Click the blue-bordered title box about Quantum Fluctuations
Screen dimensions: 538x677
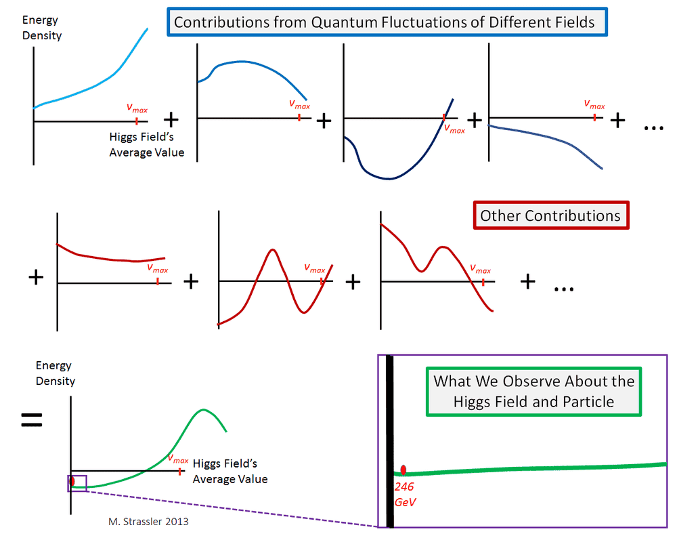pyautogui.click(x=384, y=22)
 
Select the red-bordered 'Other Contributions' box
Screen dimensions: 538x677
pyautogui.click(x=550, y=215)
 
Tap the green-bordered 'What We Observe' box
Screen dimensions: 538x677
pyautogui.click(x=534, y=391)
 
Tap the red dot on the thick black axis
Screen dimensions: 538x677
pyautogui.click(x=403, y=470)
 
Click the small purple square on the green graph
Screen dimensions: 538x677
pyautogui.click(x=77, y=483)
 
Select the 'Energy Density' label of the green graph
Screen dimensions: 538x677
pyautogui.click(x=56, y=373)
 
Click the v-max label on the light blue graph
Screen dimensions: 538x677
pyautogui.click(x=137, y=108)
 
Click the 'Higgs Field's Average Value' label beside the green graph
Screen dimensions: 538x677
pyautogui.click(x=230, y=472)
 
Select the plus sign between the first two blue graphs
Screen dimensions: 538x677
pyautogui.click(x=171, y=119)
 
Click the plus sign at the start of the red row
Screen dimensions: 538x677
pyautogui.click(x=37, y=277)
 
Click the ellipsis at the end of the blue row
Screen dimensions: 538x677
pyautogui.click(x=654, y=127)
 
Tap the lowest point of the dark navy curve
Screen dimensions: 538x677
pyautogui.click(x=388, y=179)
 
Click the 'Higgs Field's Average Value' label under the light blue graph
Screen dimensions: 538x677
pyautogui.click(x=146, y=144)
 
